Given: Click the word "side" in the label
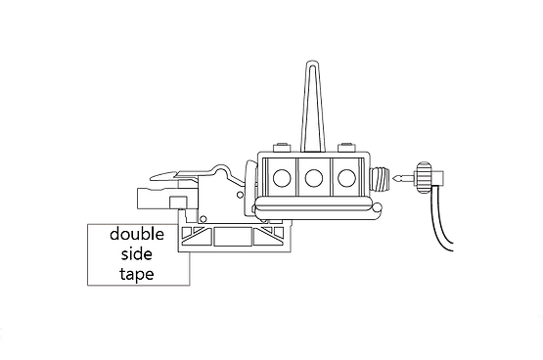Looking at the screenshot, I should tap(138, 254).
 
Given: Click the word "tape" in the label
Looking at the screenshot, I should tap(138, 274).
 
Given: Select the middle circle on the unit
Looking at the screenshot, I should tap(314, 177).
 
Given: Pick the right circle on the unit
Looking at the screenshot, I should tap(345, 177).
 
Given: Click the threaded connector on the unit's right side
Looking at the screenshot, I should tap(379, 179).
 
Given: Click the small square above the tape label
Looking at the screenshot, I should tap(179, 202).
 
